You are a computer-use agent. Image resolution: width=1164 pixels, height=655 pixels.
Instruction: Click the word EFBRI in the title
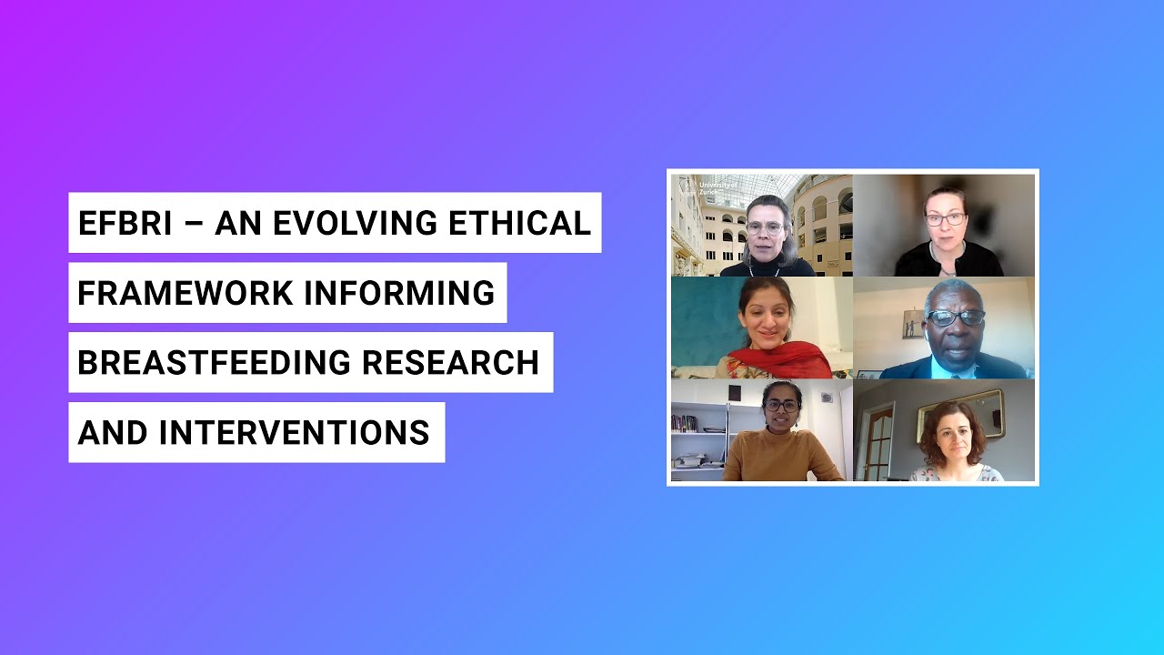point(125,223)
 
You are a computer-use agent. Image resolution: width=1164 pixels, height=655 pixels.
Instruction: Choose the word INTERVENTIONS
point(294,433)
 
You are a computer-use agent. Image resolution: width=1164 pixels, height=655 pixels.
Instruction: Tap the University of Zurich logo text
point(717,187)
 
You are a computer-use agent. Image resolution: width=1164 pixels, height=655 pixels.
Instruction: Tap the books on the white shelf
point(685,423)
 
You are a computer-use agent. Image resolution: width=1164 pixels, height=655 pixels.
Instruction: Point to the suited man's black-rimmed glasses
point(955,317)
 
